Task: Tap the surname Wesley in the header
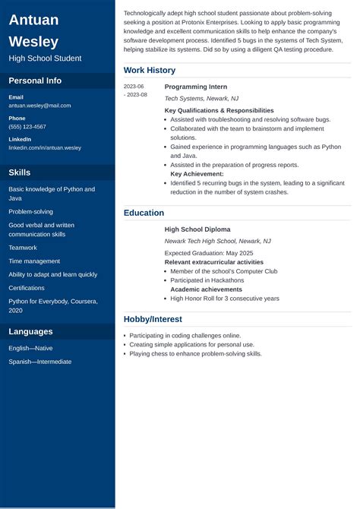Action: (33, 41)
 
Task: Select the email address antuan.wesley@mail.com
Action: (39, 106)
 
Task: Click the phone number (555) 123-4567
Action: (27, 127)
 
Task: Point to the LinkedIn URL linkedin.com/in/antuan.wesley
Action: (45, 147)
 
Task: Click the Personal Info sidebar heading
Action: (35, 81)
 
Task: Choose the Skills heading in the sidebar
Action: (20, 172)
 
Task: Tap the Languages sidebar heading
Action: (30, 331)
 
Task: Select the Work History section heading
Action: (150, 70)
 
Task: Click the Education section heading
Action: (144, 213)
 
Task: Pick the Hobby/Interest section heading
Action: (153, 319)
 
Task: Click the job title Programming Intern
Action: (196, 87)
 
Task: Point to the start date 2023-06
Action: (134, 87)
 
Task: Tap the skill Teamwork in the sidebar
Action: (23, 248)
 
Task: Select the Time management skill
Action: (34, 261)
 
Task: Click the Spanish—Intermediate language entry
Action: (40, 362)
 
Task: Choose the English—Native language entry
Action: (30, 348)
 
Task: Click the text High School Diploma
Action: (197, 229)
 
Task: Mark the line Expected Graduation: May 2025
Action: (209, 253)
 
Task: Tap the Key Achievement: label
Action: (197, 174)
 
